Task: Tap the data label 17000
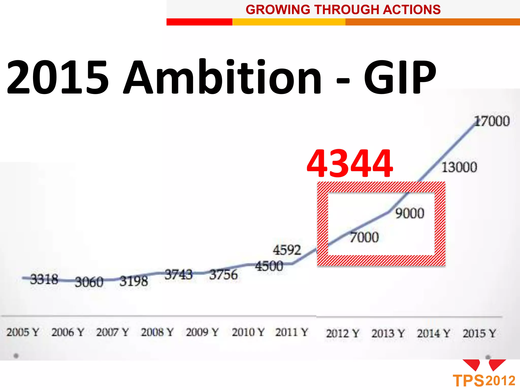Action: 492,121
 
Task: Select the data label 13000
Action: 459,167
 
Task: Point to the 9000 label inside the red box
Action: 410,213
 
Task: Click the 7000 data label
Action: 364,237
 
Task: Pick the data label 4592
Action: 287,250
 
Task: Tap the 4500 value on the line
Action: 269,266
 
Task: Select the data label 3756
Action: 223,275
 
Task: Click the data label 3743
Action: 178,274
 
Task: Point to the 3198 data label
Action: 134,281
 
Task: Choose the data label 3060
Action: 89,282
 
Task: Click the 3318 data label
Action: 44,279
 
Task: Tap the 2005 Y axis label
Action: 23,332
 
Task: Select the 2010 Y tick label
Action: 248,332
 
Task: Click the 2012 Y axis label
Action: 343,333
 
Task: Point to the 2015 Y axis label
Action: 479,333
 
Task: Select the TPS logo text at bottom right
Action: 468,381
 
